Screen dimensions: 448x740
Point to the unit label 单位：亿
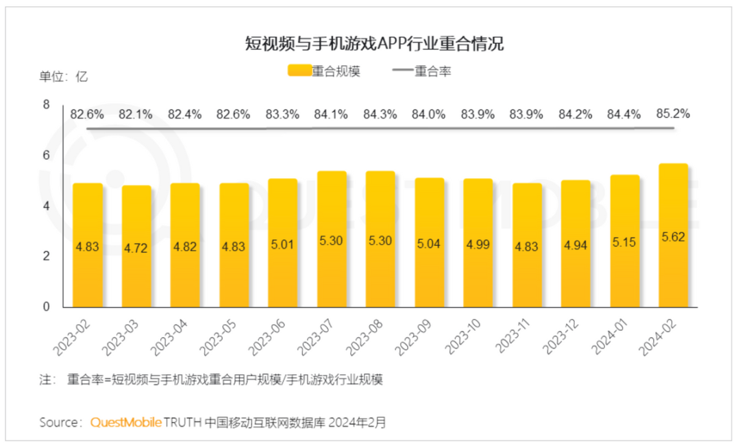63,76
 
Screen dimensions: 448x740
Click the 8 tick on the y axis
47,105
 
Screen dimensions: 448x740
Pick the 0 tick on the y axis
47,307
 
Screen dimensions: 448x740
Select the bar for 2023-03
136,247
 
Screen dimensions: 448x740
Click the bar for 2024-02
673,236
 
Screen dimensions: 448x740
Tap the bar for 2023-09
429,242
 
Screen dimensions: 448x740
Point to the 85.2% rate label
673,114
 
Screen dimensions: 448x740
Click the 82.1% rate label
136,114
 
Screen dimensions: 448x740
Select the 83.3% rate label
282,114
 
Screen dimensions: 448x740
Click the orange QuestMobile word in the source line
126,422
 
